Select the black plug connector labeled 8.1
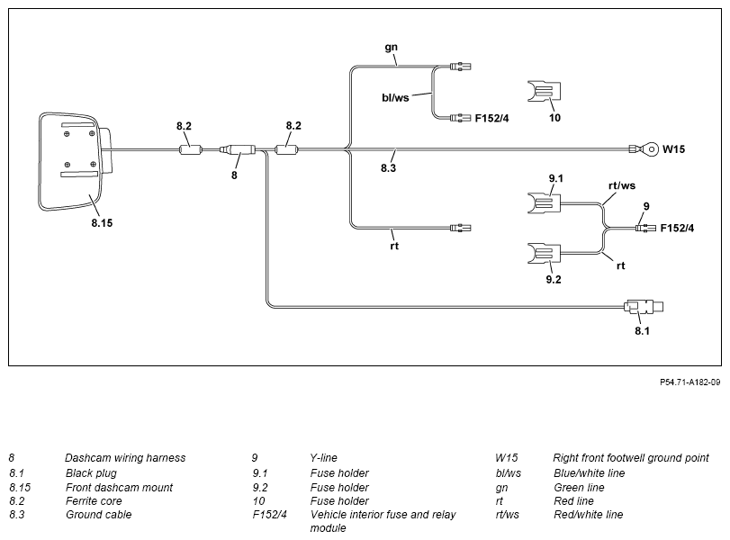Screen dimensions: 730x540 pyautogui.click(x=644, y=307)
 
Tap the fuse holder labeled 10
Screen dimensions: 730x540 pyautogui.click(x=544, y=91)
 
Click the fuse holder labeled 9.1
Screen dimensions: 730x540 pyautogui.click(x=544, y=203)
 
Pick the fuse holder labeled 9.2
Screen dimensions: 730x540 pyautogui.click(x=544, y=253)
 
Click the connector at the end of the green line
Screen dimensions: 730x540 pyautogui.click(x=461, y=67)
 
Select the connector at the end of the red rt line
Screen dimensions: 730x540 pyautogui.click(x=461, y=228)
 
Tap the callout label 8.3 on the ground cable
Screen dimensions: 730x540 pyautogui.click(x=388, y=168)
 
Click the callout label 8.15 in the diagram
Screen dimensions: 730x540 pyautogui.click(x=102, y=223)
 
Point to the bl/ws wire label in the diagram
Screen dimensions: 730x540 pyautogui.click(x=395, y=98)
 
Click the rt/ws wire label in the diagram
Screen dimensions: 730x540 pyautogui.click(x=622, y=185)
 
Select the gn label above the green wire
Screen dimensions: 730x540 pyautogui.click(x=391, y=47)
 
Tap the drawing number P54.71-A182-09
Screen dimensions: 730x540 pyautogui.click(x=690, y=382)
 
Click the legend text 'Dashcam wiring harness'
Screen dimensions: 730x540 pyautogui.click(x=125, y=458)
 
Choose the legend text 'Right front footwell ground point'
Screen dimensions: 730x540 pyautogui.click(x=631, y=458)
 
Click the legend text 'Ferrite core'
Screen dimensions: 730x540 pyautogui.click(x=94, y=501)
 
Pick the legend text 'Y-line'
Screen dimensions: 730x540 pyautogui.click(x=323, y=458)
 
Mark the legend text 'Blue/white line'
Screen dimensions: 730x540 pyautogui.click(x=589, y=473)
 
